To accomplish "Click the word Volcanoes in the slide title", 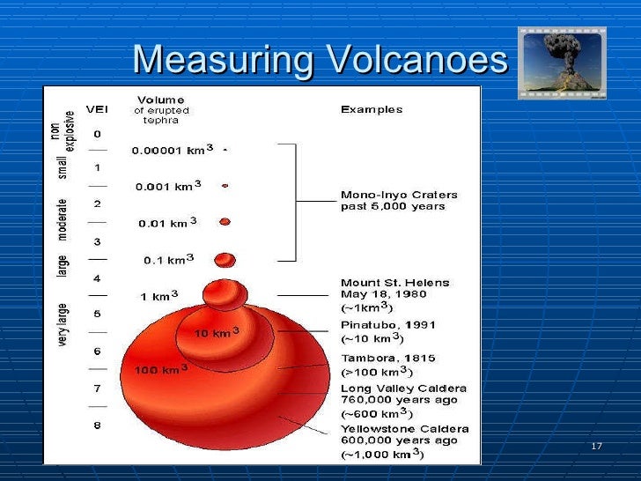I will click(416, 61).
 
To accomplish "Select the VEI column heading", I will click(97, 110).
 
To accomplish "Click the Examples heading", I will click(372, 110).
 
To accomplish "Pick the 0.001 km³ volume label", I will click(168, 186).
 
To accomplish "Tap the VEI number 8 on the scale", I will click(97, 425).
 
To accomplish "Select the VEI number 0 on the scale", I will click(97, 134).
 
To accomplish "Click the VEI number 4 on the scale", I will click(97, 278).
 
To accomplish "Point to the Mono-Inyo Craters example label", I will click(399, 201).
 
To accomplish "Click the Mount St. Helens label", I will click(394, 283).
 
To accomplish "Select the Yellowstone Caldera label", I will click(404, 429).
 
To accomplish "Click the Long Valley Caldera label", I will click(403, 388).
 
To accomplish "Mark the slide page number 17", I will click(596, 447).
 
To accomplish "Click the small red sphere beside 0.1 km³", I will click(225, 259).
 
